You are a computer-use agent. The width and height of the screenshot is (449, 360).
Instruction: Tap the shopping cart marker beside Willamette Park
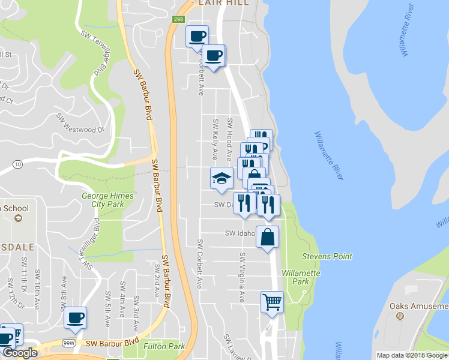click(x=272, y=302)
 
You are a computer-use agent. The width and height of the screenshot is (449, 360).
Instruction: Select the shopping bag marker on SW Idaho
click(x=267, y=236)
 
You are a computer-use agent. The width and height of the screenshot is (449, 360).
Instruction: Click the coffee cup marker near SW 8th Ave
click(x=75, y=318)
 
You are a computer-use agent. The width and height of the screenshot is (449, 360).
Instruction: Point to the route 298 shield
click(x=178, y=19)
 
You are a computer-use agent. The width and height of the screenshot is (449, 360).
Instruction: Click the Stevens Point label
click(x=327, y=256)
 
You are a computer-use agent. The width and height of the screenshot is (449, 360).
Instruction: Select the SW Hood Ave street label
click(x=229, y=134)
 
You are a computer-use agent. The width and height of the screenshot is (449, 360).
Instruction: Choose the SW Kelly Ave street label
click(x=215, y=139)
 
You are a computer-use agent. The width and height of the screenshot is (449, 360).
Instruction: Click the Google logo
click(x=19, y=353)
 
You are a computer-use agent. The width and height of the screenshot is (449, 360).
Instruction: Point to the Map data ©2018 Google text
click(x=412, y=355)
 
